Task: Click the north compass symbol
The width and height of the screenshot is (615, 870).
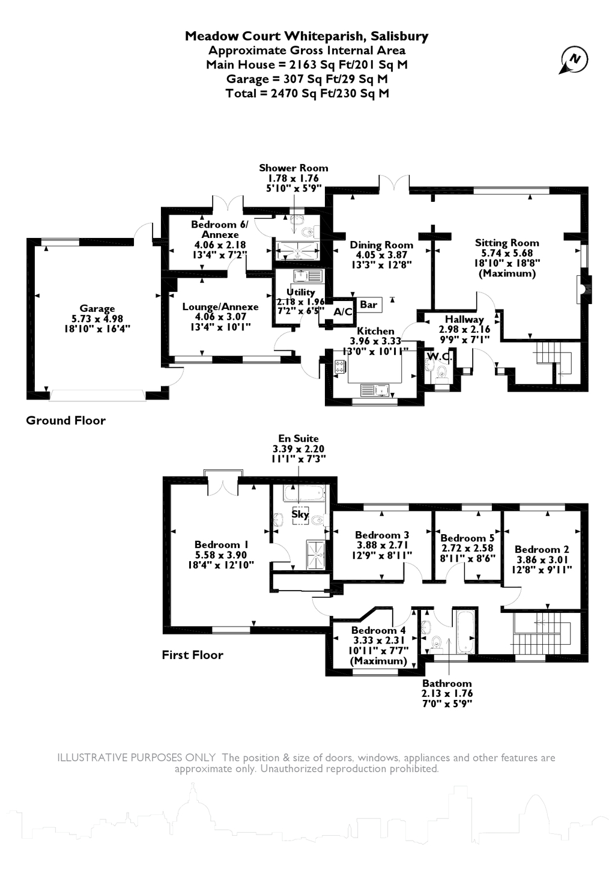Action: (x=574, y=60)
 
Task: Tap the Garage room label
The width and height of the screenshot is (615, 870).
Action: (x=97, y=309)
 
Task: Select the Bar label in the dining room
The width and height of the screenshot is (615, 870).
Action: (x=368, y=305)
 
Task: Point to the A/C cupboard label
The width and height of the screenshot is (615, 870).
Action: (x=343, y=312)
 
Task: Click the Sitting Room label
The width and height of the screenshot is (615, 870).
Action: (x=507, y=243)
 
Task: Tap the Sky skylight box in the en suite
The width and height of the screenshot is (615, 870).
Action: (x=300, y=514)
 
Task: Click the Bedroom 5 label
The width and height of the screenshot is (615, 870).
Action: (x=467, y=538)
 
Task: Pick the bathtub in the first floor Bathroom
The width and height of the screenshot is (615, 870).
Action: (x=466, y=633)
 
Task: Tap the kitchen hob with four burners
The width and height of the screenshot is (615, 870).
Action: (x=339, y=367)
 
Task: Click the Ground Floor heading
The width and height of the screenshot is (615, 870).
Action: (x=65, y=421)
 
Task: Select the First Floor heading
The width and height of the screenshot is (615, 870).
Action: (x=192, y=655)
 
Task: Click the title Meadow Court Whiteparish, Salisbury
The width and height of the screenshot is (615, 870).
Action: (x=306, y=36)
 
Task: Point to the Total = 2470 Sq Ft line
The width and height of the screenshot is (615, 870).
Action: (x=307, y=93)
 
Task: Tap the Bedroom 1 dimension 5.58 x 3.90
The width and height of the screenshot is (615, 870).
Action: (x=221, y=555)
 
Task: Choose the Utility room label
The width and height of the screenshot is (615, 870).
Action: (x=301, y=292)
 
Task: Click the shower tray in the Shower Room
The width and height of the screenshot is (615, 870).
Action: (x=297, y=248)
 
